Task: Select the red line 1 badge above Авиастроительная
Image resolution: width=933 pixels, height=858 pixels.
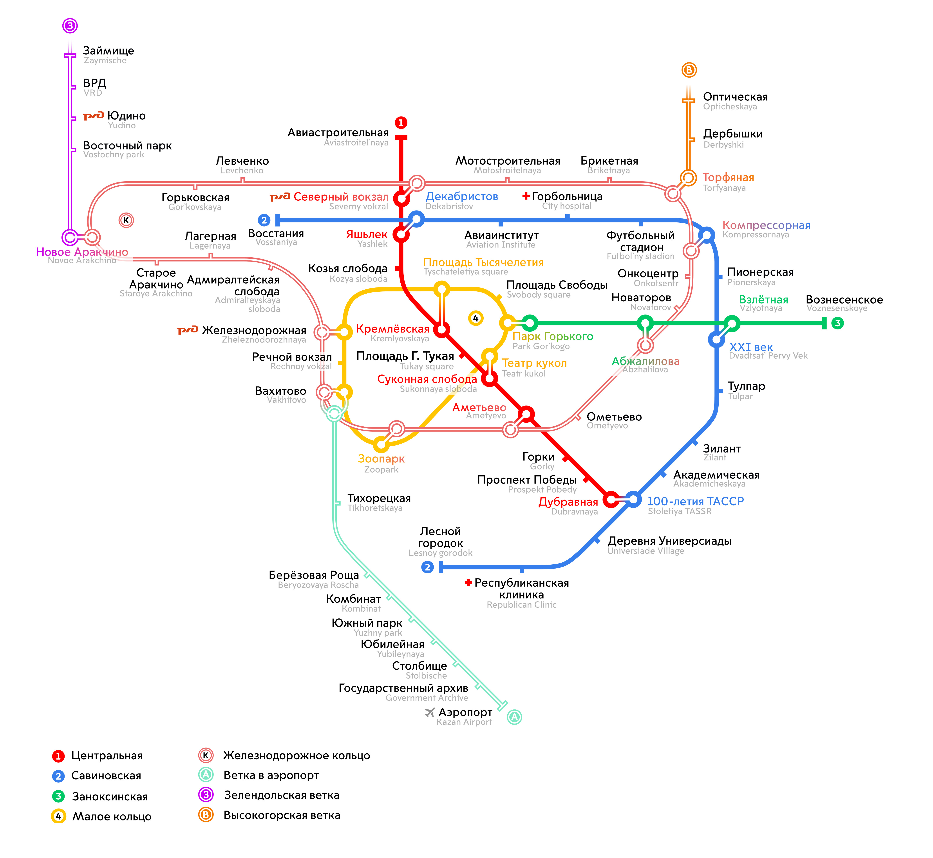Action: (401, 123)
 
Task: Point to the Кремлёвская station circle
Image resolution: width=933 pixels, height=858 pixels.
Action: (442, 330)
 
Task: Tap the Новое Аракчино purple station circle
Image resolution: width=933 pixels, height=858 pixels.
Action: (70, 237)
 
